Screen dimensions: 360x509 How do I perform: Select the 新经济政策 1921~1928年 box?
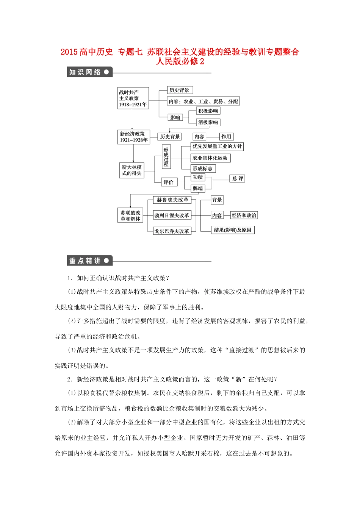[x=134, y=137]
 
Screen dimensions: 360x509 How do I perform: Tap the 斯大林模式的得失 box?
[x=132, y=170]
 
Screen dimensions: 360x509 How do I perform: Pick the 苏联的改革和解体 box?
[x=131, y=216]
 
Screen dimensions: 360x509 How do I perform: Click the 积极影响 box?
[x=208, y=111]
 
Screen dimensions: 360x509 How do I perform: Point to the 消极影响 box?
[x=208, y=122]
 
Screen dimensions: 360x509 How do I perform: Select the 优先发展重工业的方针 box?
[x=217, y=147]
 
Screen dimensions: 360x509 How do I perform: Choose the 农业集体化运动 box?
[x=210, y=158]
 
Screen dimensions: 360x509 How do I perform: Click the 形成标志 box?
[x=203, y=169]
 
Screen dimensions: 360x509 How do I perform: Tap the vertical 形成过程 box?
[x=166, y=157]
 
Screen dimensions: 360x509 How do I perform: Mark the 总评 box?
[x=238, y=178]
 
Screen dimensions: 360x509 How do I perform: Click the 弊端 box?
[x=198, y=188]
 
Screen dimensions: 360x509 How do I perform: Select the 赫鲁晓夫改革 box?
[x=172, y=200]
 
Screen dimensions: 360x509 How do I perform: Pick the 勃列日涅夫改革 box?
[x=172, y=215]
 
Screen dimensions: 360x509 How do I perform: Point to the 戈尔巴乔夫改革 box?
[x=172, y=231]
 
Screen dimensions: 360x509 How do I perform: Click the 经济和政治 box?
[x=244, y=215]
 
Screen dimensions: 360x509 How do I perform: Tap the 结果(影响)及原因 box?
[x=233, y=230]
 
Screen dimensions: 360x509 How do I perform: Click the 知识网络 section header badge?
[x=89, y=72]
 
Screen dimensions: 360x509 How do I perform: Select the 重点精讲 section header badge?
[x=89, y=261]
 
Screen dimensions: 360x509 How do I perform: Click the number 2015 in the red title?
[x=69, y=52]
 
